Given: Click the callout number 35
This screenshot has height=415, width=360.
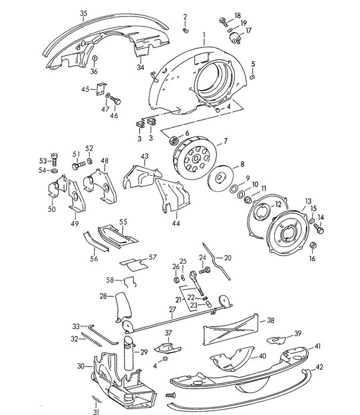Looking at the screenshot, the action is tap(84, 13).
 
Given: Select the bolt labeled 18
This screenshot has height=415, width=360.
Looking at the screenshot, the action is tap(224, 22).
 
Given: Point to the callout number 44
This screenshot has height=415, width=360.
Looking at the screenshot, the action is tap(176, 223).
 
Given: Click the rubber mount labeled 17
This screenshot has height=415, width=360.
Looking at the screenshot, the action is tap(235, 38).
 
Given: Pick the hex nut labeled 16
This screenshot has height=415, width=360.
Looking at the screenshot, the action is tap(313, 244).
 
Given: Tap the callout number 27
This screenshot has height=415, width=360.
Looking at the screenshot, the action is tap(172, 309).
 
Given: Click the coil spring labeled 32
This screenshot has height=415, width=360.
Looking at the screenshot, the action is tap(91, 339).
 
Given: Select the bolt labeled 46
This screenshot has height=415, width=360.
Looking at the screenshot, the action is tap(116, 101).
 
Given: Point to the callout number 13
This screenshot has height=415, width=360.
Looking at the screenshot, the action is tap(308, 201).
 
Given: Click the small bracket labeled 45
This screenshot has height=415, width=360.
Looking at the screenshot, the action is tap(100, 89).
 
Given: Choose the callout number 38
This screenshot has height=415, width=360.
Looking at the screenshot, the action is tap(270, 320).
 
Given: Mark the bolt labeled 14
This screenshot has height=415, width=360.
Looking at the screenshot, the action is tap(319, 228).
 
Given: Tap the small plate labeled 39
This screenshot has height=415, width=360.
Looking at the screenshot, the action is tap(276, 340).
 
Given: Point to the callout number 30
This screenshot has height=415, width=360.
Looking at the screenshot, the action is tap(81, 366).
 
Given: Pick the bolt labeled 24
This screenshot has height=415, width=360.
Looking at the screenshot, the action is tap(204, 270).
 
